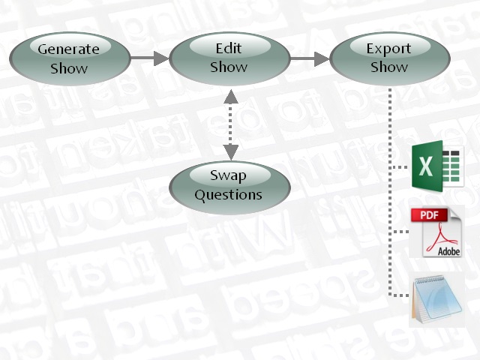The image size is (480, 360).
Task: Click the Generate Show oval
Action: pos(69,58)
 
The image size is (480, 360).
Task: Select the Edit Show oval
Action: pos(229,58)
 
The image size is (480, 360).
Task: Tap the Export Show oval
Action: pos(389,58)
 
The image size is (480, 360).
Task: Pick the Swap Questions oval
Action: pos(229,185)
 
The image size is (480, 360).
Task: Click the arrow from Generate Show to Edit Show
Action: pos(149,58)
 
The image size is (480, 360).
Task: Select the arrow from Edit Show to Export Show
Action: pos(310,58)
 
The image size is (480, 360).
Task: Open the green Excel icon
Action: pos(438,164)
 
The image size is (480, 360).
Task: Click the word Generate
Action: pos(69,49)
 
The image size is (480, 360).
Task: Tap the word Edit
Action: pos(229,49)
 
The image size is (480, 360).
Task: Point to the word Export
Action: pos(388,49)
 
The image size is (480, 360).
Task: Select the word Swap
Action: pos(228,176)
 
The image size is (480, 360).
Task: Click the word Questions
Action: pos(229,195)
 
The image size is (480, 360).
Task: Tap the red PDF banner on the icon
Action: pos(430,216)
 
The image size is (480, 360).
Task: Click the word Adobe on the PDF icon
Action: pos(449,251)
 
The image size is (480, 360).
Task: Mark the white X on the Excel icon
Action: pos(426,165)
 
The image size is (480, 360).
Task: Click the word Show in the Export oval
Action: pos(388,67)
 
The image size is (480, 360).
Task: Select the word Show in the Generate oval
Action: pos(69,68)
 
